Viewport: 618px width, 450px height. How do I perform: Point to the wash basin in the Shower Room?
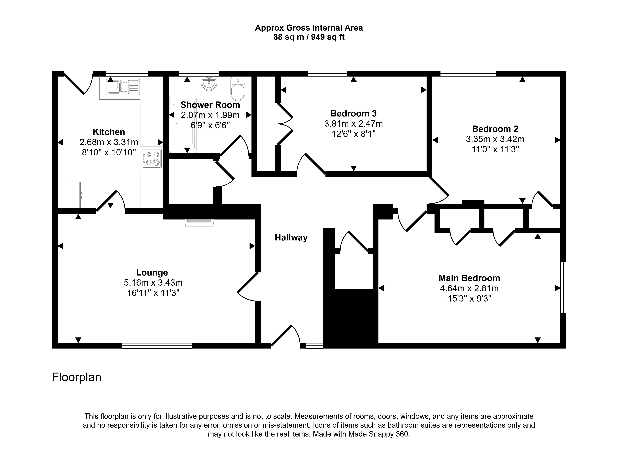coord(209,84)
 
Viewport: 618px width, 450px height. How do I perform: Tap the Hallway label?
coord(291,238)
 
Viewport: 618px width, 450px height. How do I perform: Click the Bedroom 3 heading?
coord(354,113)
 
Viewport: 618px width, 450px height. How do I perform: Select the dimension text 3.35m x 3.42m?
coord(495,139)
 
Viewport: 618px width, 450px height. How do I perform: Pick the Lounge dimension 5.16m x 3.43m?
coord(153,283)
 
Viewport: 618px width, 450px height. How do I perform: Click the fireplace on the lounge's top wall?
coord(199,223)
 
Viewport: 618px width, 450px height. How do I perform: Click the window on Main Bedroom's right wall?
coord(563,288)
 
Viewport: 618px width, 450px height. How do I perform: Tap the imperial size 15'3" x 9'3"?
coord(469,299)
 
